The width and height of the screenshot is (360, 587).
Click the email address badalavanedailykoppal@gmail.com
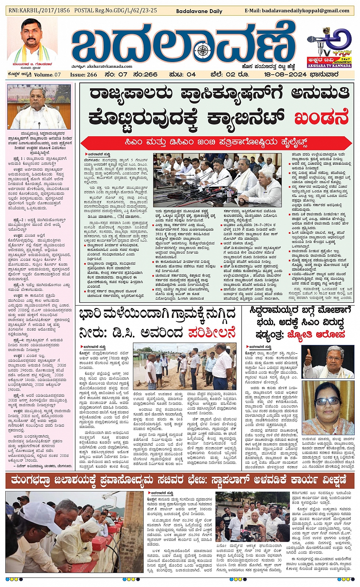click(297, 11)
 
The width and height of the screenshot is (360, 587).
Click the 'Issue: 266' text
click(83, 75)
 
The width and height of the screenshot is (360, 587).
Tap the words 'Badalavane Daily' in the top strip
click(199, 11)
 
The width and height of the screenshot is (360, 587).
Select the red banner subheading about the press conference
click(216, 143)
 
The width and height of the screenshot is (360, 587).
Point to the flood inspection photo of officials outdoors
click(184, 366)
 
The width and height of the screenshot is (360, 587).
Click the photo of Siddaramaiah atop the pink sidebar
click(39, 107)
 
